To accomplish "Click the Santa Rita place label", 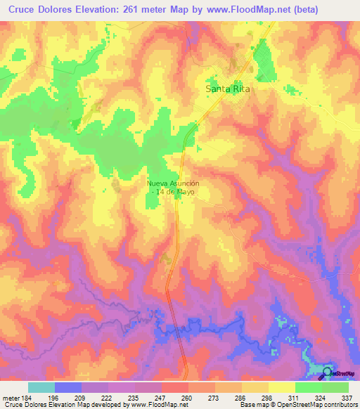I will click(227, 90).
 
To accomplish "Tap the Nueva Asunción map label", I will click(174, 183).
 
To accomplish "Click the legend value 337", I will click(347, 398).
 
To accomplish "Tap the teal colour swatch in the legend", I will click(41, 387).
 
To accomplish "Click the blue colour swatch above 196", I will click(68, 387).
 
